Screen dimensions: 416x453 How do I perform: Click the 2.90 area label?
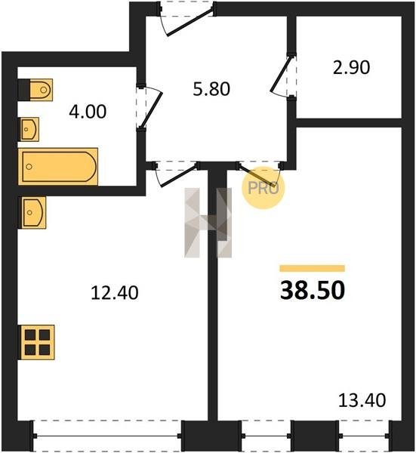pyautogui.click(x=351, y=68)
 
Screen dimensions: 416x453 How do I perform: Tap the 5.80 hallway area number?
pyautogui.click(x=211, y=89)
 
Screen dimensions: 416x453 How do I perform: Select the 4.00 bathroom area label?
pyautogui.click(x=88, y=112)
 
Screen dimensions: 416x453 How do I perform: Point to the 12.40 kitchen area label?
pyautogui.click(x=115, y=292)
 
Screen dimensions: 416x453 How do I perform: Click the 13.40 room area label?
pyautogui.click(x=362, y=400)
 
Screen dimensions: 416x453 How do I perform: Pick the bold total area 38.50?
pyautogui.click(x=313, y=290)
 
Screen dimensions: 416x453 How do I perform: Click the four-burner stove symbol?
pyautogui.click(x=36, y=342)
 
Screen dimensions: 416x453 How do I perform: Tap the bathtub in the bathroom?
pyautogui.click(x=58, y=166)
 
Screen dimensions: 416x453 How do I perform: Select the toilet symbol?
pyautogui.click(x=35, y=90)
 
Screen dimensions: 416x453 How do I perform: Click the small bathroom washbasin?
pyautogui.click(x=29, y=129)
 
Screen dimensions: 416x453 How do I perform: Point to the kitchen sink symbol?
pyautogui.click(x=32, y=213)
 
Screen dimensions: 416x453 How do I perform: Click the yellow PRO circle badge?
pyautogui.click(x=263, y=188)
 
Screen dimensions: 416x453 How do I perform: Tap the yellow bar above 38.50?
pyautogui.click(x=313, y=268)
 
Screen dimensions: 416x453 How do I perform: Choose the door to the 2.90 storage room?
pyautogui.click(x=281, y=75)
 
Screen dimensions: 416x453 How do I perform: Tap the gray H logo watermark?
pyautogui.click(x=208, y=223)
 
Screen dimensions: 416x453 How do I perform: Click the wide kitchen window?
pyautogui.click(x=107, y=436)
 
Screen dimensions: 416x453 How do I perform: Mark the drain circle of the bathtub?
pyautogui.click(x=29, y=167)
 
